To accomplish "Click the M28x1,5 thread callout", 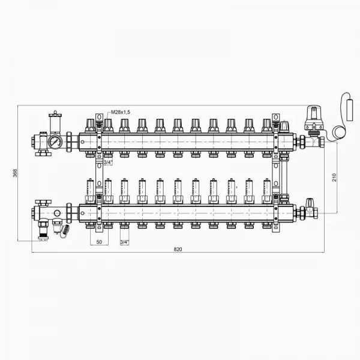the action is click(121, 112).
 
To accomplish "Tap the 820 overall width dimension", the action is click(178, 249).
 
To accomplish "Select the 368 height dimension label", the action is click(15, 173).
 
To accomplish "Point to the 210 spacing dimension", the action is click(334, 178).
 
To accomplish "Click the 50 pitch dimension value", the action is click(99, 242).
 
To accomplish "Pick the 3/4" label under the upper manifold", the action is click(108, 163).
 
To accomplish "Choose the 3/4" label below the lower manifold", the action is click(124, 242).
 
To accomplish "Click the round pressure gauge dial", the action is click(55, 142).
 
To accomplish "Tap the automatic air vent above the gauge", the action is click(55, 122).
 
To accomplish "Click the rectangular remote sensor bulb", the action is click(349, 110).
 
